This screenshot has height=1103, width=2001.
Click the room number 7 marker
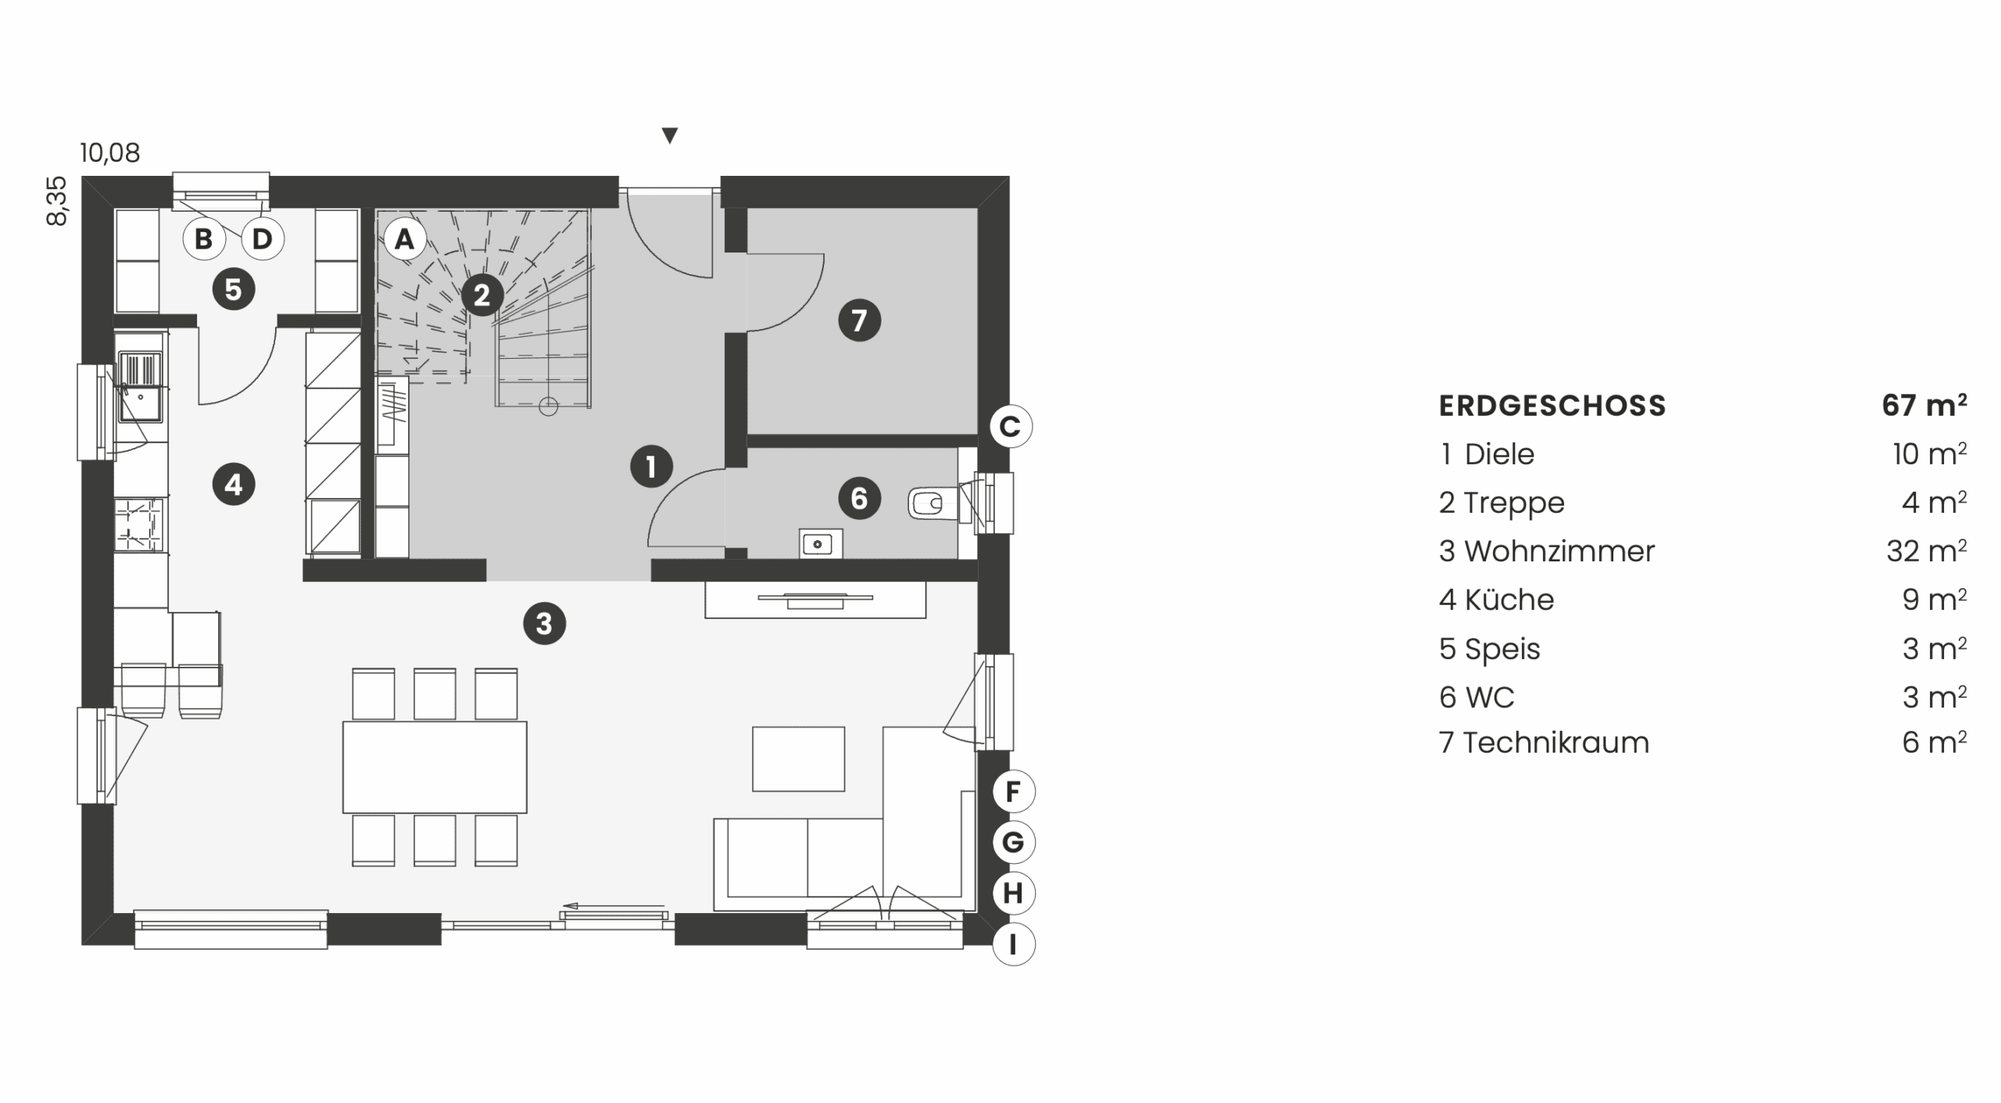click(x=859, y=320)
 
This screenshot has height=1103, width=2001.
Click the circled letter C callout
click(x=1011, y=427)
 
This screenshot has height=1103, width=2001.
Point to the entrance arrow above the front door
click(x=669, y=136)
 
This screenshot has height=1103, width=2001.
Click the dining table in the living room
click(x=435, y=767)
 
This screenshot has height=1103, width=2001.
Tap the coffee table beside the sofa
click(x=798, y=759)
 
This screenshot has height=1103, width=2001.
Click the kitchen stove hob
click(x=139, y=525)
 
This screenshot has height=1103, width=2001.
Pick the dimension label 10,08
click(x=110, y=152)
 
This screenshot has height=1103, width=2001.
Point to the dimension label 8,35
click(x=57, y=202)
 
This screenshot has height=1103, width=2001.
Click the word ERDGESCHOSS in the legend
click(x=1552, y=406)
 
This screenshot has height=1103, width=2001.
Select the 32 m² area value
click(x=1927, y=551)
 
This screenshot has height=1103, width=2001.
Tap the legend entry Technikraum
click(x=1555, y=743)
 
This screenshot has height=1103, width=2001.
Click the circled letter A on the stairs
click(x=404, y=238)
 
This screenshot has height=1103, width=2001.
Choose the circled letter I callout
click(x=1013, y=944)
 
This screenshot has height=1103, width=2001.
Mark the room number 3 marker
click(x=544, y=624)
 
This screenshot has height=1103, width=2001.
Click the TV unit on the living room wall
click(x=815, y=600)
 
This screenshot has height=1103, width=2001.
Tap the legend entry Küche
click(x=1509, y=600)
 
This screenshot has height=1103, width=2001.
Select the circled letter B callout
click(x=203, y=238)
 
